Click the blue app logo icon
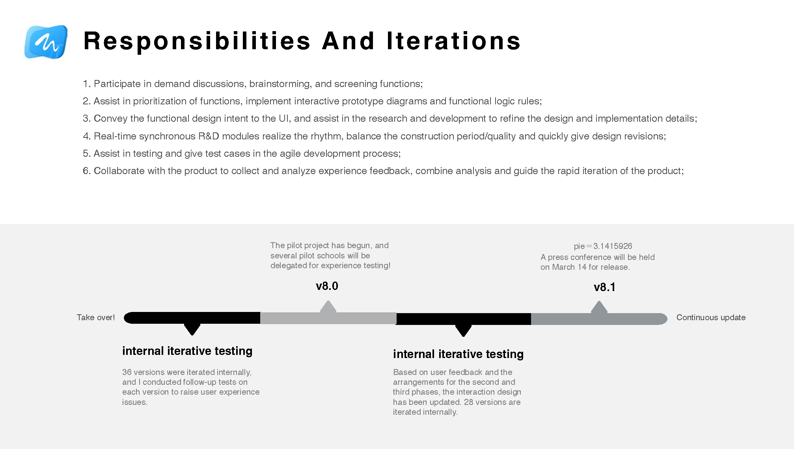click(x=46, y=42)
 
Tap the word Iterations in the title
click(x=453, y=41)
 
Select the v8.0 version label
click(x=327, y=286)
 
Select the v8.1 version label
click(x=604, y=287)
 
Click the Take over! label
click(x=96, y=317)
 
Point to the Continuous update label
click(x=711, y=317)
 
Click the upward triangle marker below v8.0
click(x=328, y=307)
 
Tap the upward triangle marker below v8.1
click(x=599, y=308)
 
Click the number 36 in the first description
click(x=127, y=372)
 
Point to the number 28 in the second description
click(x=469, y=402)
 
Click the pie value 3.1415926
click(x=613, y=246)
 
